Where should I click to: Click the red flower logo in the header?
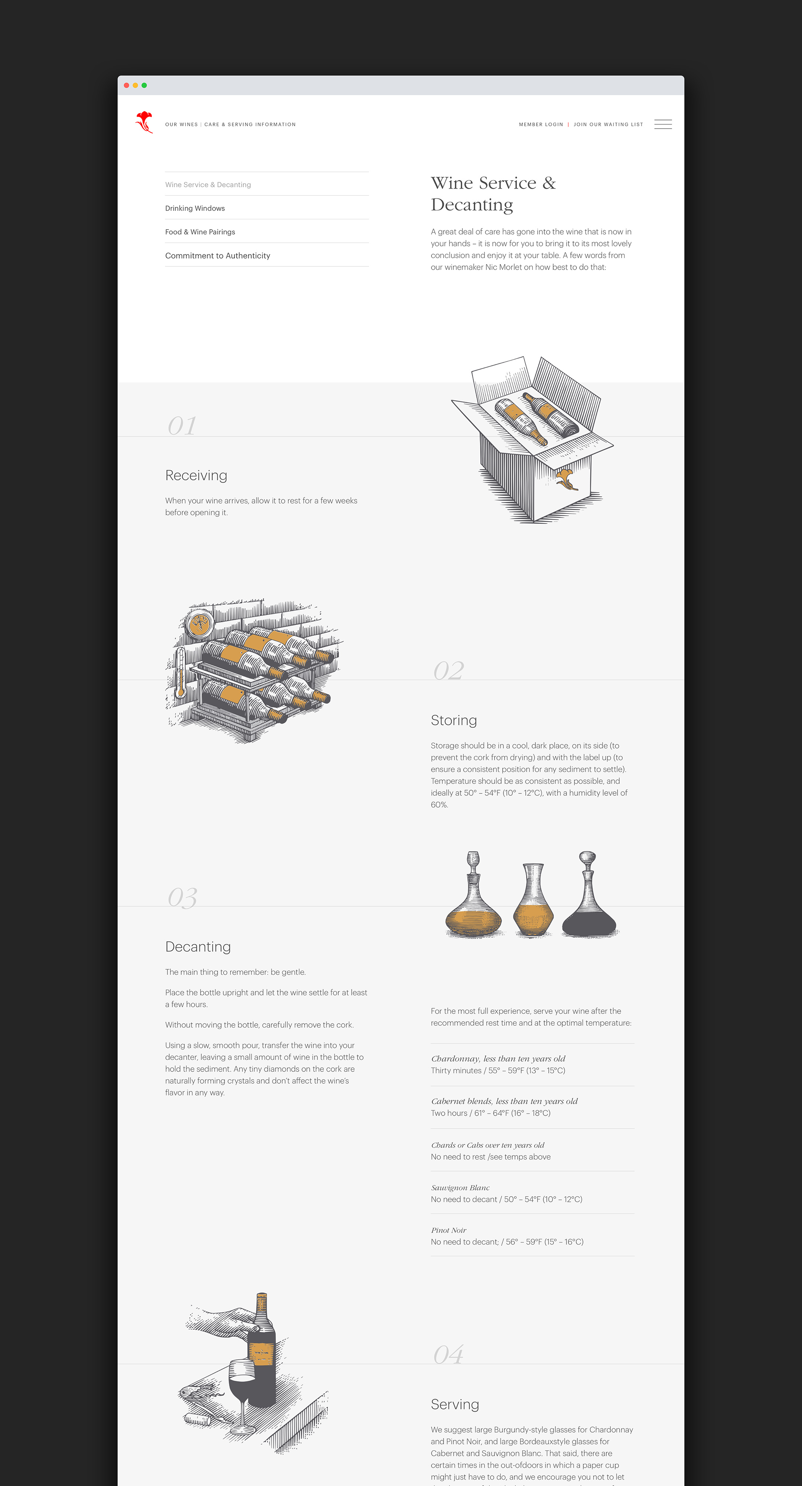144,122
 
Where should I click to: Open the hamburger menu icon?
663,124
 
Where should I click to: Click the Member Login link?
541,124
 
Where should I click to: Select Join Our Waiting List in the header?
608,124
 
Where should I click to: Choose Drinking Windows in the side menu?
195,208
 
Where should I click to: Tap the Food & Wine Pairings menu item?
200,232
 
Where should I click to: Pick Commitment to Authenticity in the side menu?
217,256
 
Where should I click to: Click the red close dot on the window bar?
126,85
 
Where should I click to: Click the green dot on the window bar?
144,85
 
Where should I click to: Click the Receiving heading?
196,476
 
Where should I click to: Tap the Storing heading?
454,720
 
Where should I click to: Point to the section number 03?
182,898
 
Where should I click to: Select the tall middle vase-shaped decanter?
533,899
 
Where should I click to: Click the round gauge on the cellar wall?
199,622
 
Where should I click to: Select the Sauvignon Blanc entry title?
460,1188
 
